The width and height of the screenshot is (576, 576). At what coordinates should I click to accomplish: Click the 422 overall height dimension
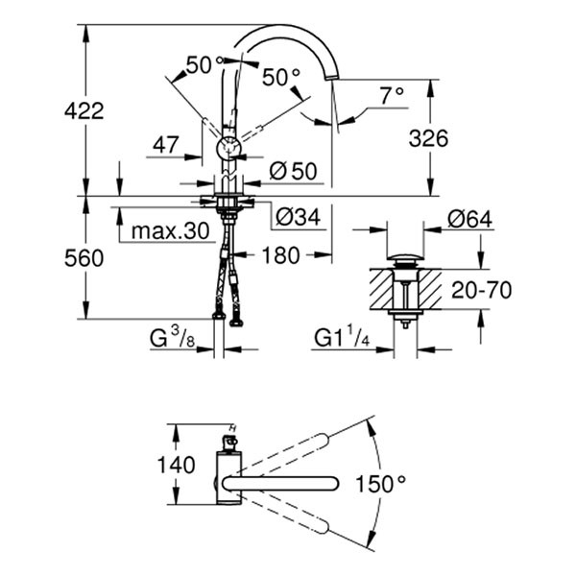pyautogui.click(x=85, y=111)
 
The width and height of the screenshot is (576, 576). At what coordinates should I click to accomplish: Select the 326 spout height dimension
pyautogui.click(x=428, y=138)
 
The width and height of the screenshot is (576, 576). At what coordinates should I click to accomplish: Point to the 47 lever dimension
pyautogui.click(x=166, y=145)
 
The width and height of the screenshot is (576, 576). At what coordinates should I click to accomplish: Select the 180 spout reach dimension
pyautogui.click(x=280, y=255)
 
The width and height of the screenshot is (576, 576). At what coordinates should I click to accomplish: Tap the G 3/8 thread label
pyautogui.click(x=174, y=338)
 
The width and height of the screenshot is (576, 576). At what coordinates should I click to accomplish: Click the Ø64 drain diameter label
pyautogui.click(x=469, y=219)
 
